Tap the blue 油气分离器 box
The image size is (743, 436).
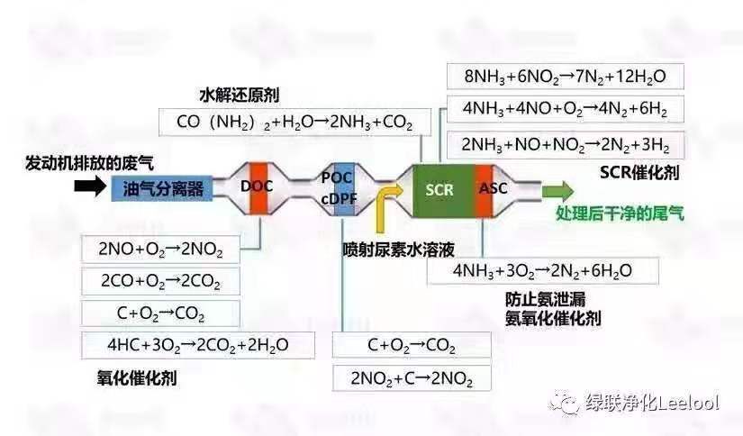coord(163,188)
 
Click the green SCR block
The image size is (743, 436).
coord(439,189)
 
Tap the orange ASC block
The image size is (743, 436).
coord(492,189)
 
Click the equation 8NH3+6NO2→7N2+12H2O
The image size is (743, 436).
coord(563,75)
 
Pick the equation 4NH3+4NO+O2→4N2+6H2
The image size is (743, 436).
coord(563,109)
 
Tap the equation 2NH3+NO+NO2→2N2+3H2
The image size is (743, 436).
coord(563,143)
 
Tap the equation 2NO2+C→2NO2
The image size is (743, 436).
coord(412,377)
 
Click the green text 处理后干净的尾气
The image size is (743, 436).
coord(619,213)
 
